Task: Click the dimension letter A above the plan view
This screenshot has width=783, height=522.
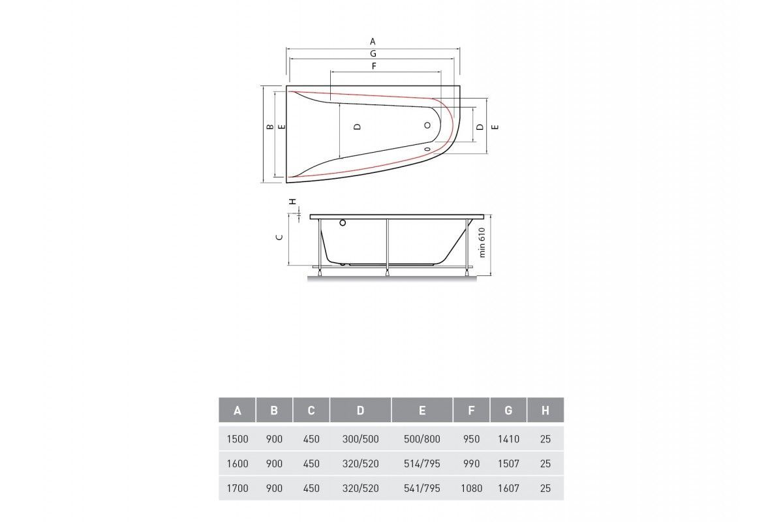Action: [373, 42]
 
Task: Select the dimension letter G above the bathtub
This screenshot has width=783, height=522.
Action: [373, 54]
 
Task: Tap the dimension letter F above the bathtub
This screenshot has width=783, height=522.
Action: [374, 66]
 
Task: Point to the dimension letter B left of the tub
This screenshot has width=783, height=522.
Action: [270, 127]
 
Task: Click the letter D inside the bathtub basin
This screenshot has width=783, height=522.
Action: [357, 127]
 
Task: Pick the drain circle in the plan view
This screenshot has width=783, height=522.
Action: [427, 125]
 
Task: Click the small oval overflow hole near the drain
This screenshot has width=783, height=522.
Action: [427, 149]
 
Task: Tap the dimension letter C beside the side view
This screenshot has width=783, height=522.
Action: [279, 238]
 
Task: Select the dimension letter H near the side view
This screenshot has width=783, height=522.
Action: [293, 202]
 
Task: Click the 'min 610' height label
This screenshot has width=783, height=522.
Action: [482, 243]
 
